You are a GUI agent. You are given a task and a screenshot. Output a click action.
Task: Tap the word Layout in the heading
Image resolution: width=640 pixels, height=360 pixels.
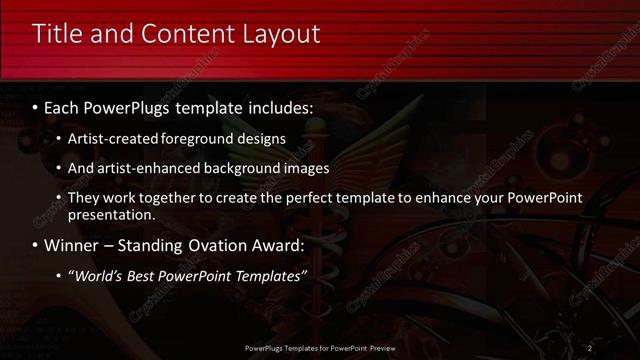click(x=281, y=33)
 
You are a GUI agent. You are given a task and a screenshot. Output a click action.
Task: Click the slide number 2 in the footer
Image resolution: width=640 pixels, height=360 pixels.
click(x=590, y=348)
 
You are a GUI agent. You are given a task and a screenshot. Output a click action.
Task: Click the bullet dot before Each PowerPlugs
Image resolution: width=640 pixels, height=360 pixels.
click(x=36, y=105)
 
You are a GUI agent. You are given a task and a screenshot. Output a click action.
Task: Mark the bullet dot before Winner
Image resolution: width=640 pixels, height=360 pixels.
click(x=36, y=244)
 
